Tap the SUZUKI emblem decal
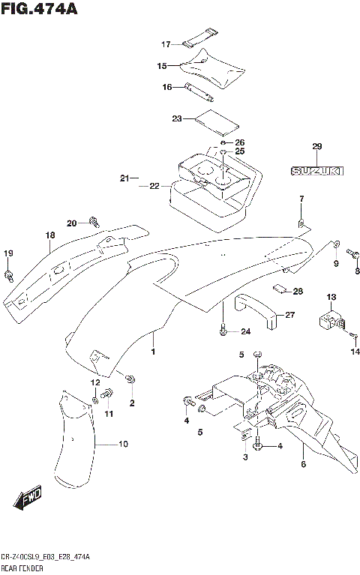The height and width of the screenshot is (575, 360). tap(316, 171)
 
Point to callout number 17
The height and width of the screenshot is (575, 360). tap(166, 43)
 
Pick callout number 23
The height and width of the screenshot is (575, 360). tap(177, 118)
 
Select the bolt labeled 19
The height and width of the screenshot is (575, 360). tap(9, 276)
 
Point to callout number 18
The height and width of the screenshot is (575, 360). tap(49, 235)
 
